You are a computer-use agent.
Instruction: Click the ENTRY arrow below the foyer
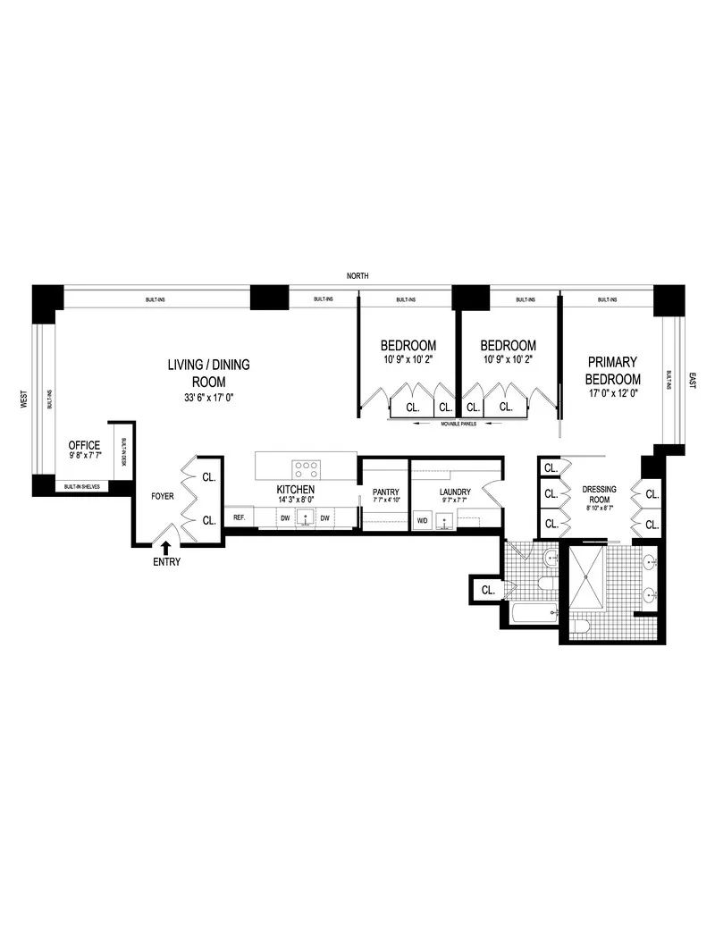[x=165, y=546]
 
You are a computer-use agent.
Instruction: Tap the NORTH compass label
[x=358, y=276]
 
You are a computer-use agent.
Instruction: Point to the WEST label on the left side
[x=24, y=399]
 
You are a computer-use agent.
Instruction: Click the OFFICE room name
[x=85, y=445]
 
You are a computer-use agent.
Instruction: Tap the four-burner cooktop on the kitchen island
[x=307, y=466]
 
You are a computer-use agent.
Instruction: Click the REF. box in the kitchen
[x=240, y=517]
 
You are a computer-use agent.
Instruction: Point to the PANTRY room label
[x=385, y=492]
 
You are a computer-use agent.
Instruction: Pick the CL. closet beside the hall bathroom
[x=488, y=590]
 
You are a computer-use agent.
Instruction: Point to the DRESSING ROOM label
[x=599, y=494]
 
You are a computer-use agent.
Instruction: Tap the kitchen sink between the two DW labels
[x=307, y=517]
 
